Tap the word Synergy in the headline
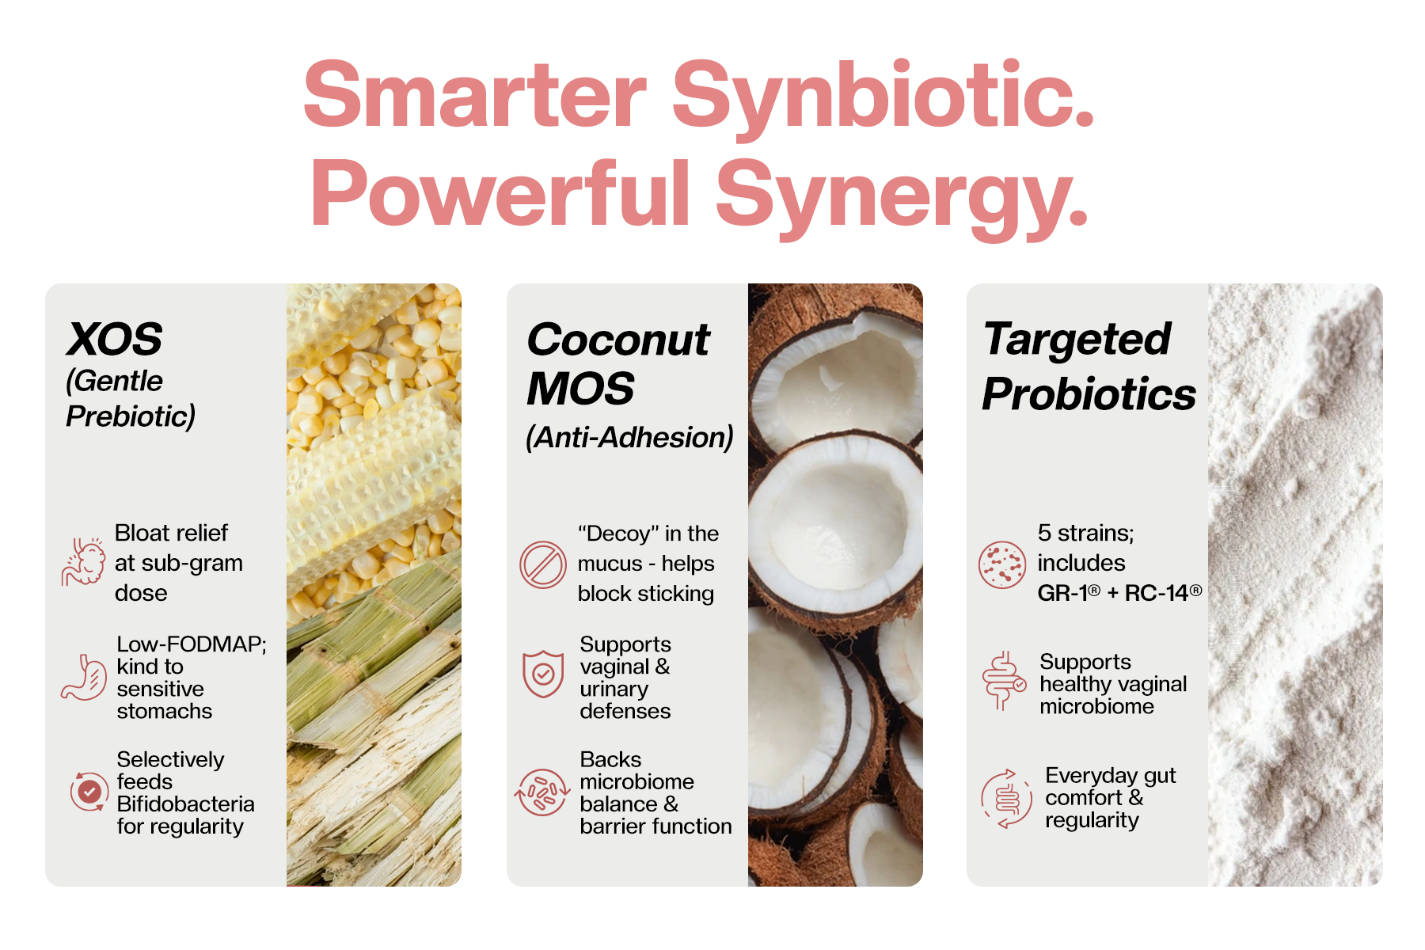point(902,196)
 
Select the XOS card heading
point(115,340)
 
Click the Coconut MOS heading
point(618,364)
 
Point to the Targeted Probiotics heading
point(1089,366)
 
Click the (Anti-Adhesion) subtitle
point(629,437)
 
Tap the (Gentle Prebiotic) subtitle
point(131,398)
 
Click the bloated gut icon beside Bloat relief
point(84,562)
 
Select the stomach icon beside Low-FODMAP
point(84,678)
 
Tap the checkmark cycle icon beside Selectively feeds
point(89,791)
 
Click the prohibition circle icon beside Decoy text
point(543,564)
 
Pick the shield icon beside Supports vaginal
point(543,674)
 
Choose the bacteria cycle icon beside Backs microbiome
point(542,792)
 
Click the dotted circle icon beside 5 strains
point(1002,564)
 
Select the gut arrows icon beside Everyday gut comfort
point(1005,799)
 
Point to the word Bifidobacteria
point(186,804)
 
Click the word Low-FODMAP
point(192,644)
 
